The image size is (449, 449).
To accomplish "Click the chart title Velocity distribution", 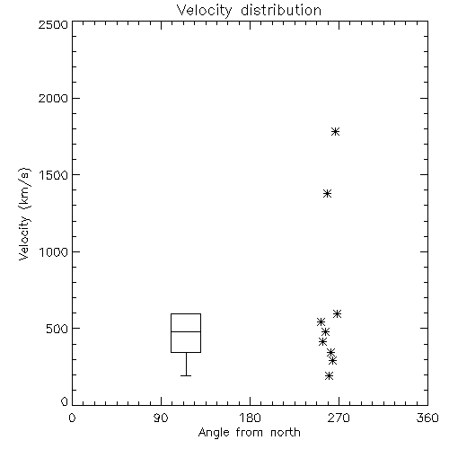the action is [x=249, y=11].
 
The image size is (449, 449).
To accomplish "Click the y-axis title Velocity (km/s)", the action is [x=24, y=214].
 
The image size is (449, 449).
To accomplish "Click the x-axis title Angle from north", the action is [x=249, y=433].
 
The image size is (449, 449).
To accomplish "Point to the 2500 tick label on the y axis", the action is [x=53, y=24].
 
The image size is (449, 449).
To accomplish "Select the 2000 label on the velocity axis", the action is [x=53, y=98].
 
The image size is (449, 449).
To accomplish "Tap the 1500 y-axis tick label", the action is [x=54, y=175].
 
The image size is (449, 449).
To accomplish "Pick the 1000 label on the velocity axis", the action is [x=54, y=251].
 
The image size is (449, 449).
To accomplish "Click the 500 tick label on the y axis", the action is [x=57, y=329].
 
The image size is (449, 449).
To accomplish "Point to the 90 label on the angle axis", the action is [x=161, y=418].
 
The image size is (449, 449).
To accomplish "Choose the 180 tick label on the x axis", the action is [x=250, y=418].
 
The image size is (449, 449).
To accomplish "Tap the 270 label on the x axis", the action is [x=339, y=418].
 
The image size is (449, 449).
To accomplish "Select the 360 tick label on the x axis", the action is [x=427, y=418].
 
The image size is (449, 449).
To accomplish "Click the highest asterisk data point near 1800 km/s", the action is [x=335, y=131].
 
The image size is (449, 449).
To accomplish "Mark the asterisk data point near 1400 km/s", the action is [x=328, y=193].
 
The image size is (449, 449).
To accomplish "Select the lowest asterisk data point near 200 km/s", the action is [x=330, y=375].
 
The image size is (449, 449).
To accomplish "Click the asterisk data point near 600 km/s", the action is [x=337, y=313].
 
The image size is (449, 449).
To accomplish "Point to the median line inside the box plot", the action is [x=186, y=331].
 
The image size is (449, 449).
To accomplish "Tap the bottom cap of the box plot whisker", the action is [x=186, y=375].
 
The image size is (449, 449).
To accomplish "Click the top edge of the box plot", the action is [x=186, y=313].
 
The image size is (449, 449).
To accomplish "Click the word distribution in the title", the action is [x=281, y=10].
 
